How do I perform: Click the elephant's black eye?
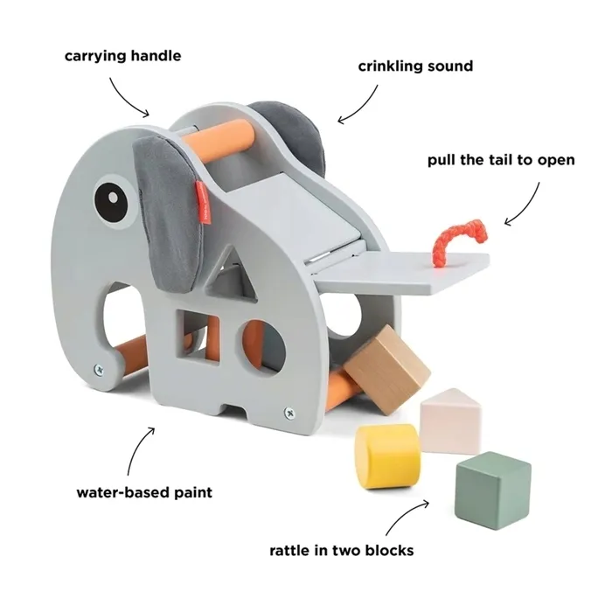click(x=111, y=202)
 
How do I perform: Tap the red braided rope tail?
click(x=459, y=240)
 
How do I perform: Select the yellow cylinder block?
click(x=387, y=456)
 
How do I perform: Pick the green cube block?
click(x=492, y=490)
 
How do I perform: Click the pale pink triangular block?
click(x=451, y=421)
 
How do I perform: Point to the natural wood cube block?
click(x=386, y=369)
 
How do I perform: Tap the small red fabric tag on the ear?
click(x=204, y=203)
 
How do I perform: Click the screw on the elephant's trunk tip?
click(x=99, y=369)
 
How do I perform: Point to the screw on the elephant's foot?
click(x=289, y=413)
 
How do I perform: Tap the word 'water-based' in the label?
click(x=122, y=491)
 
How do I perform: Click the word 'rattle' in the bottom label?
click(x=289, y=550)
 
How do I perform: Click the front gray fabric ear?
click(x=166, y=212)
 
